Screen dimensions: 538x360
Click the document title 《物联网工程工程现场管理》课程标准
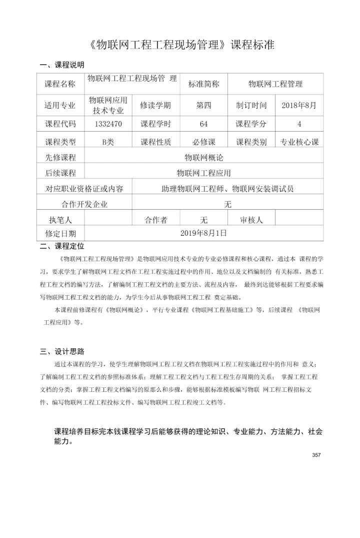183,45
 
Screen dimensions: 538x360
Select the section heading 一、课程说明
62,65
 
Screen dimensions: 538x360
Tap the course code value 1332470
108,124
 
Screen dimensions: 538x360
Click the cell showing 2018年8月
299,105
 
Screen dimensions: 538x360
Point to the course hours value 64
203,124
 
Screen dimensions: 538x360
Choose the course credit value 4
299,124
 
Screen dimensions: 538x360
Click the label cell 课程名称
60,84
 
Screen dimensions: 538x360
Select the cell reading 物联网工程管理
275,84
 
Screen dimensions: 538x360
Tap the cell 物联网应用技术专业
108,105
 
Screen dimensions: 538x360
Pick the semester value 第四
203,105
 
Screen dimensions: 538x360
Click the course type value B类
108,142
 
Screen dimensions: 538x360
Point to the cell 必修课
203,142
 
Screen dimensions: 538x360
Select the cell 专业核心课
299,142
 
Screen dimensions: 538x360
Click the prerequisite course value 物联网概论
203,158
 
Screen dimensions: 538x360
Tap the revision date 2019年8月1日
203,233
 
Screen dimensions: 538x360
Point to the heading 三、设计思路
62,351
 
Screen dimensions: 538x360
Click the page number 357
315,455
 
